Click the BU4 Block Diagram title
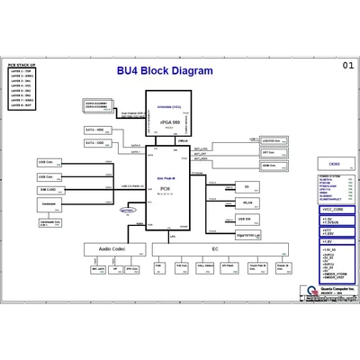pyautogui.click(x=165, y=71)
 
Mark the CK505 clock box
pyautogui.click(x=334, y=164)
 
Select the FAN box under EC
pyautogui.click(x=158, y=267)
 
